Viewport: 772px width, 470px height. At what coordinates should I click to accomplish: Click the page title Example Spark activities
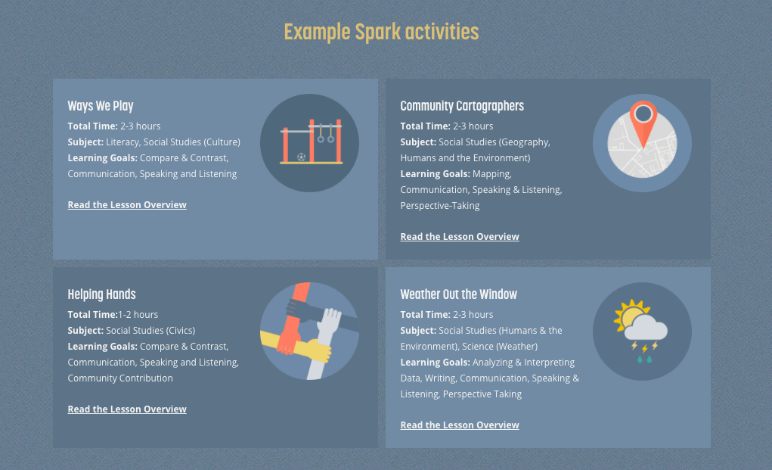[381, 33]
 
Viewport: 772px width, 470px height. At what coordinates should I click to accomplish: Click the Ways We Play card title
[101, 106]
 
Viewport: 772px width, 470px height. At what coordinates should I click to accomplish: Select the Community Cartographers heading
[462, 106]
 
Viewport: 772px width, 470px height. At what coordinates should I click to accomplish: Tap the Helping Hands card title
[101, 294]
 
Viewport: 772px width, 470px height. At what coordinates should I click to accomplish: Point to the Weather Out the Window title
[458, 294]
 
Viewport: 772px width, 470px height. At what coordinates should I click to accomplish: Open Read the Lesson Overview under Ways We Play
[127, 204]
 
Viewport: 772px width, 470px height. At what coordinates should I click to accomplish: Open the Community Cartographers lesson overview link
[460, 236]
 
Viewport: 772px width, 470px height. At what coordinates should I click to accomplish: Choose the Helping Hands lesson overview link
[127, 409]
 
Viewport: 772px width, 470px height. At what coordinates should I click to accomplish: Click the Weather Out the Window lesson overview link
[460, 425]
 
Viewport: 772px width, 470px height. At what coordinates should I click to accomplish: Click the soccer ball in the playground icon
[302, 157]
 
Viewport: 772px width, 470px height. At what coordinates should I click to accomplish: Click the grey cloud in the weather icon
[646, 328]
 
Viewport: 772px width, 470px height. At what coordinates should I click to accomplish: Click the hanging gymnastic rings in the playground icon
[325, 133]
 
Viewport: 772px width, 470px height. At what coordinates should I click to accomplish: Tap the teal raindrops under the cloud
[644, 360]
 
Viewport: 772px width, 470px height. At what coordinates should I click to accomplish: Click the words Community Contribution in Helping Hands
[120, 378]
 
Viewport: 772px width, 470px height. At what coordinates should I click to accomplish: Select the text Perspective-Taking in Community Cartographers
[439, 205]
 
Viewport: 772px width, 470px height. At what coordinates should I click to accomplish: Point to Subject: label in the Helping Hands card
[85, 331]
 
